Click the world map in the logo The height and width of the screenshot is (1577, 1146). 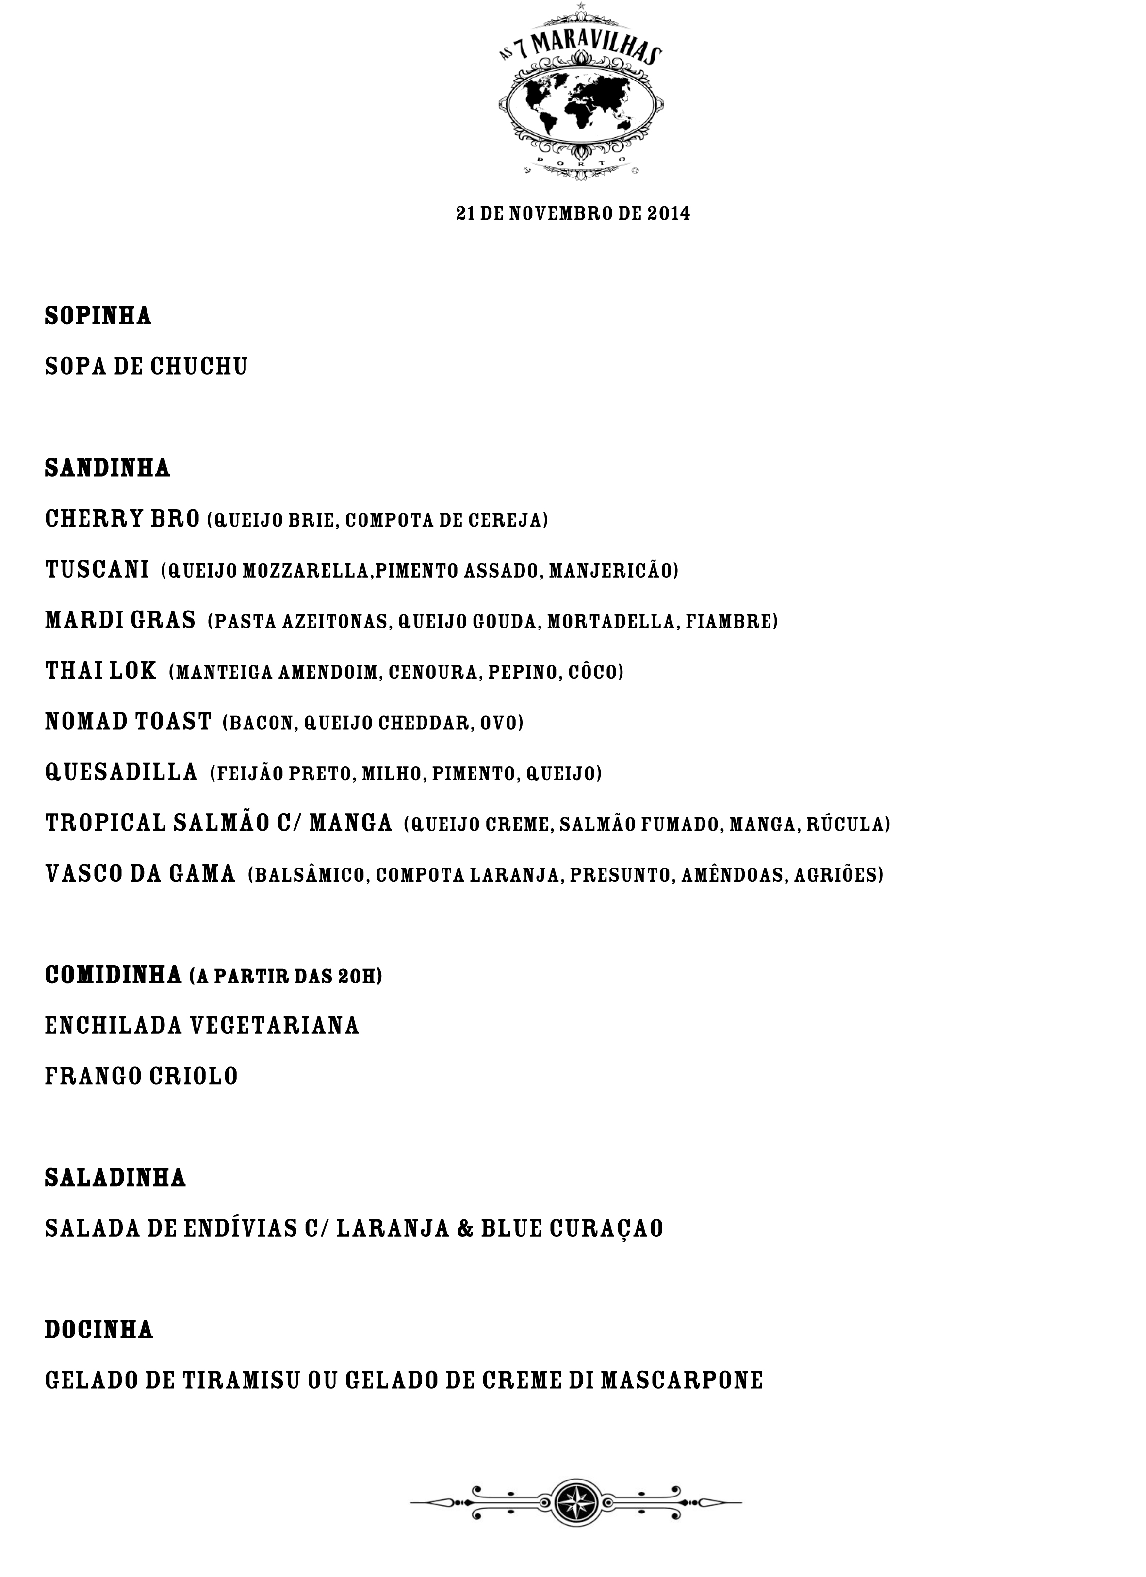click(580, 104)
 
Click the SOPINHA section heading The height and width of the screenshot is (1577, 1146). click(98, 316)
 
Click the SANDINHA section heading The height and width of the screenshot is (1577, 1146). click(107, 468)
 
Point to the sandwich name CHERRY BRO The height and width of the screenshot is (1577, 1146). click(122, 519)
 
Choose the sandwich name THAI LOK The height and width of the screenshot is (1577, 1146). click(101, 672)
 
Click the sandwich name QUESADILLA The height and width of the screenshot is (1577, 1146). click(122, 773)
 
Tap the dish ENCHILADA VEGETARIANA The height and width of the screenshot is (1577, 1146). click(202, 1026)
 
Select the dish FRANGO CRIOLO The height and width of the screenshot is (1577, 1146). click(141, 1077)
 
